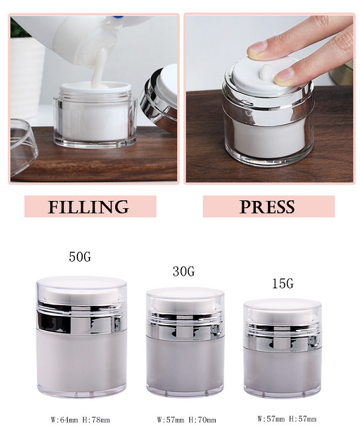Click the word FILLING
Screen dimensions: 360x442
click(88, 206)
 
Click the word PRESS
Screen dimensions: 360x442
click(267, 206)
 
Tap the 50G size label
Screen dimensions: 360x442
click(80, 257)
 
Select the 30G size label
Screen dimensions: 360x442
click(184, 271)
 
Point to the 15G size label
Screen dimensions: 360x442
click(283, 283)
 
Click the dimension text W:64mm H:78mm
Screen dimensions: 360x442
click(80, 420)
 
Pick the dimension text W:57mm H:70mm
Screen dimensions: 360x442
click(186, 420)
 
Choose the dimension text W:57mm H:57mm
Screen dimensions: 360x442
click(287, 419)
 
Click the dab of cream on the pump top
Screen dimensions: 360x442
click(266, 72)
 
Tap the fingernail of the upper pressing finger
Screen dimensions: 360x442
click(257, 47)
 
